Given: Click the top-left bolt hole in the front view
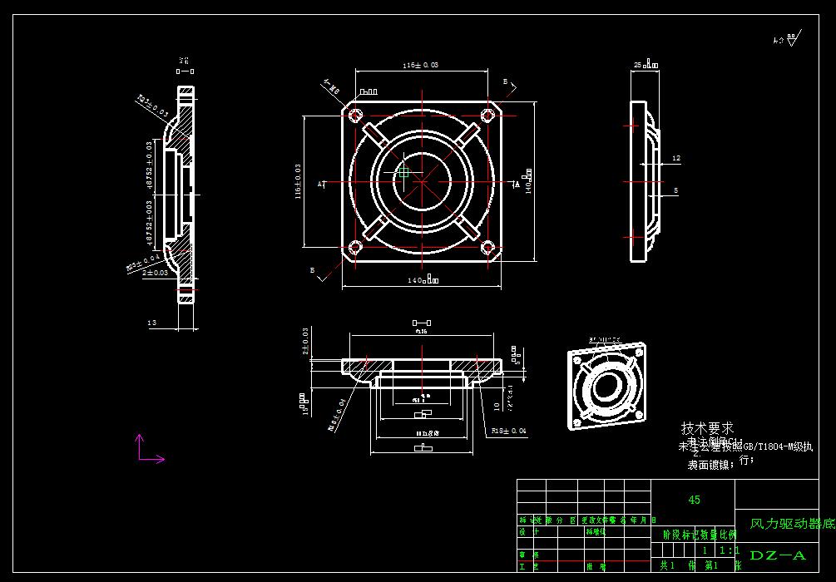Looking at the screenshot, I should pos(354,115).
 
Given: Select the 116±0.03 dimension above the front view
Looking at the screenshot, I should pos(420,65).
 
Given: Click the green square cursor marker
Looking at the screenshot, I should pos(404,171).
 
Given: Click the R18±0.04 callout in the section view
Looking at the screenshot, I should pos(508,431).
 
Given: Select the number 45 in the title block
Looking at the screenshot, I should pos(694,500).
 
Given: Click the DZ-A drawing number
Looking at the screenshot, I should pos(778,555).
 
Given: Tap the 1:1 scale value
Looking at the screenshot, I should pos(726,550).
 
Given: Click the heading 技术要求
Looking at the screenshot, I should pos(707,428).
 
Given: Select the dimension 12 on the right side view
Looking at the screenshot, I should pos(675,158).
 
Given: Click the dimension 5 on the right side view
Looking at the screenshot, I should pos(675,190).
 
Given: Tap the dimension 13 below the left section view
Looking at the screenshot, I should pos(151,323).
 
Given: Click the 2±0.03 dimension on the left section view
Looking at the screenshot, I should pos(155,272).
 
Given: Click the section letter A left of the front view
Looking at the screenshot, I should pos(319,184).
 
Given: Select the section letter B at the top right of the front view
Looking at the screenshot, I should pos(505,81).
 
